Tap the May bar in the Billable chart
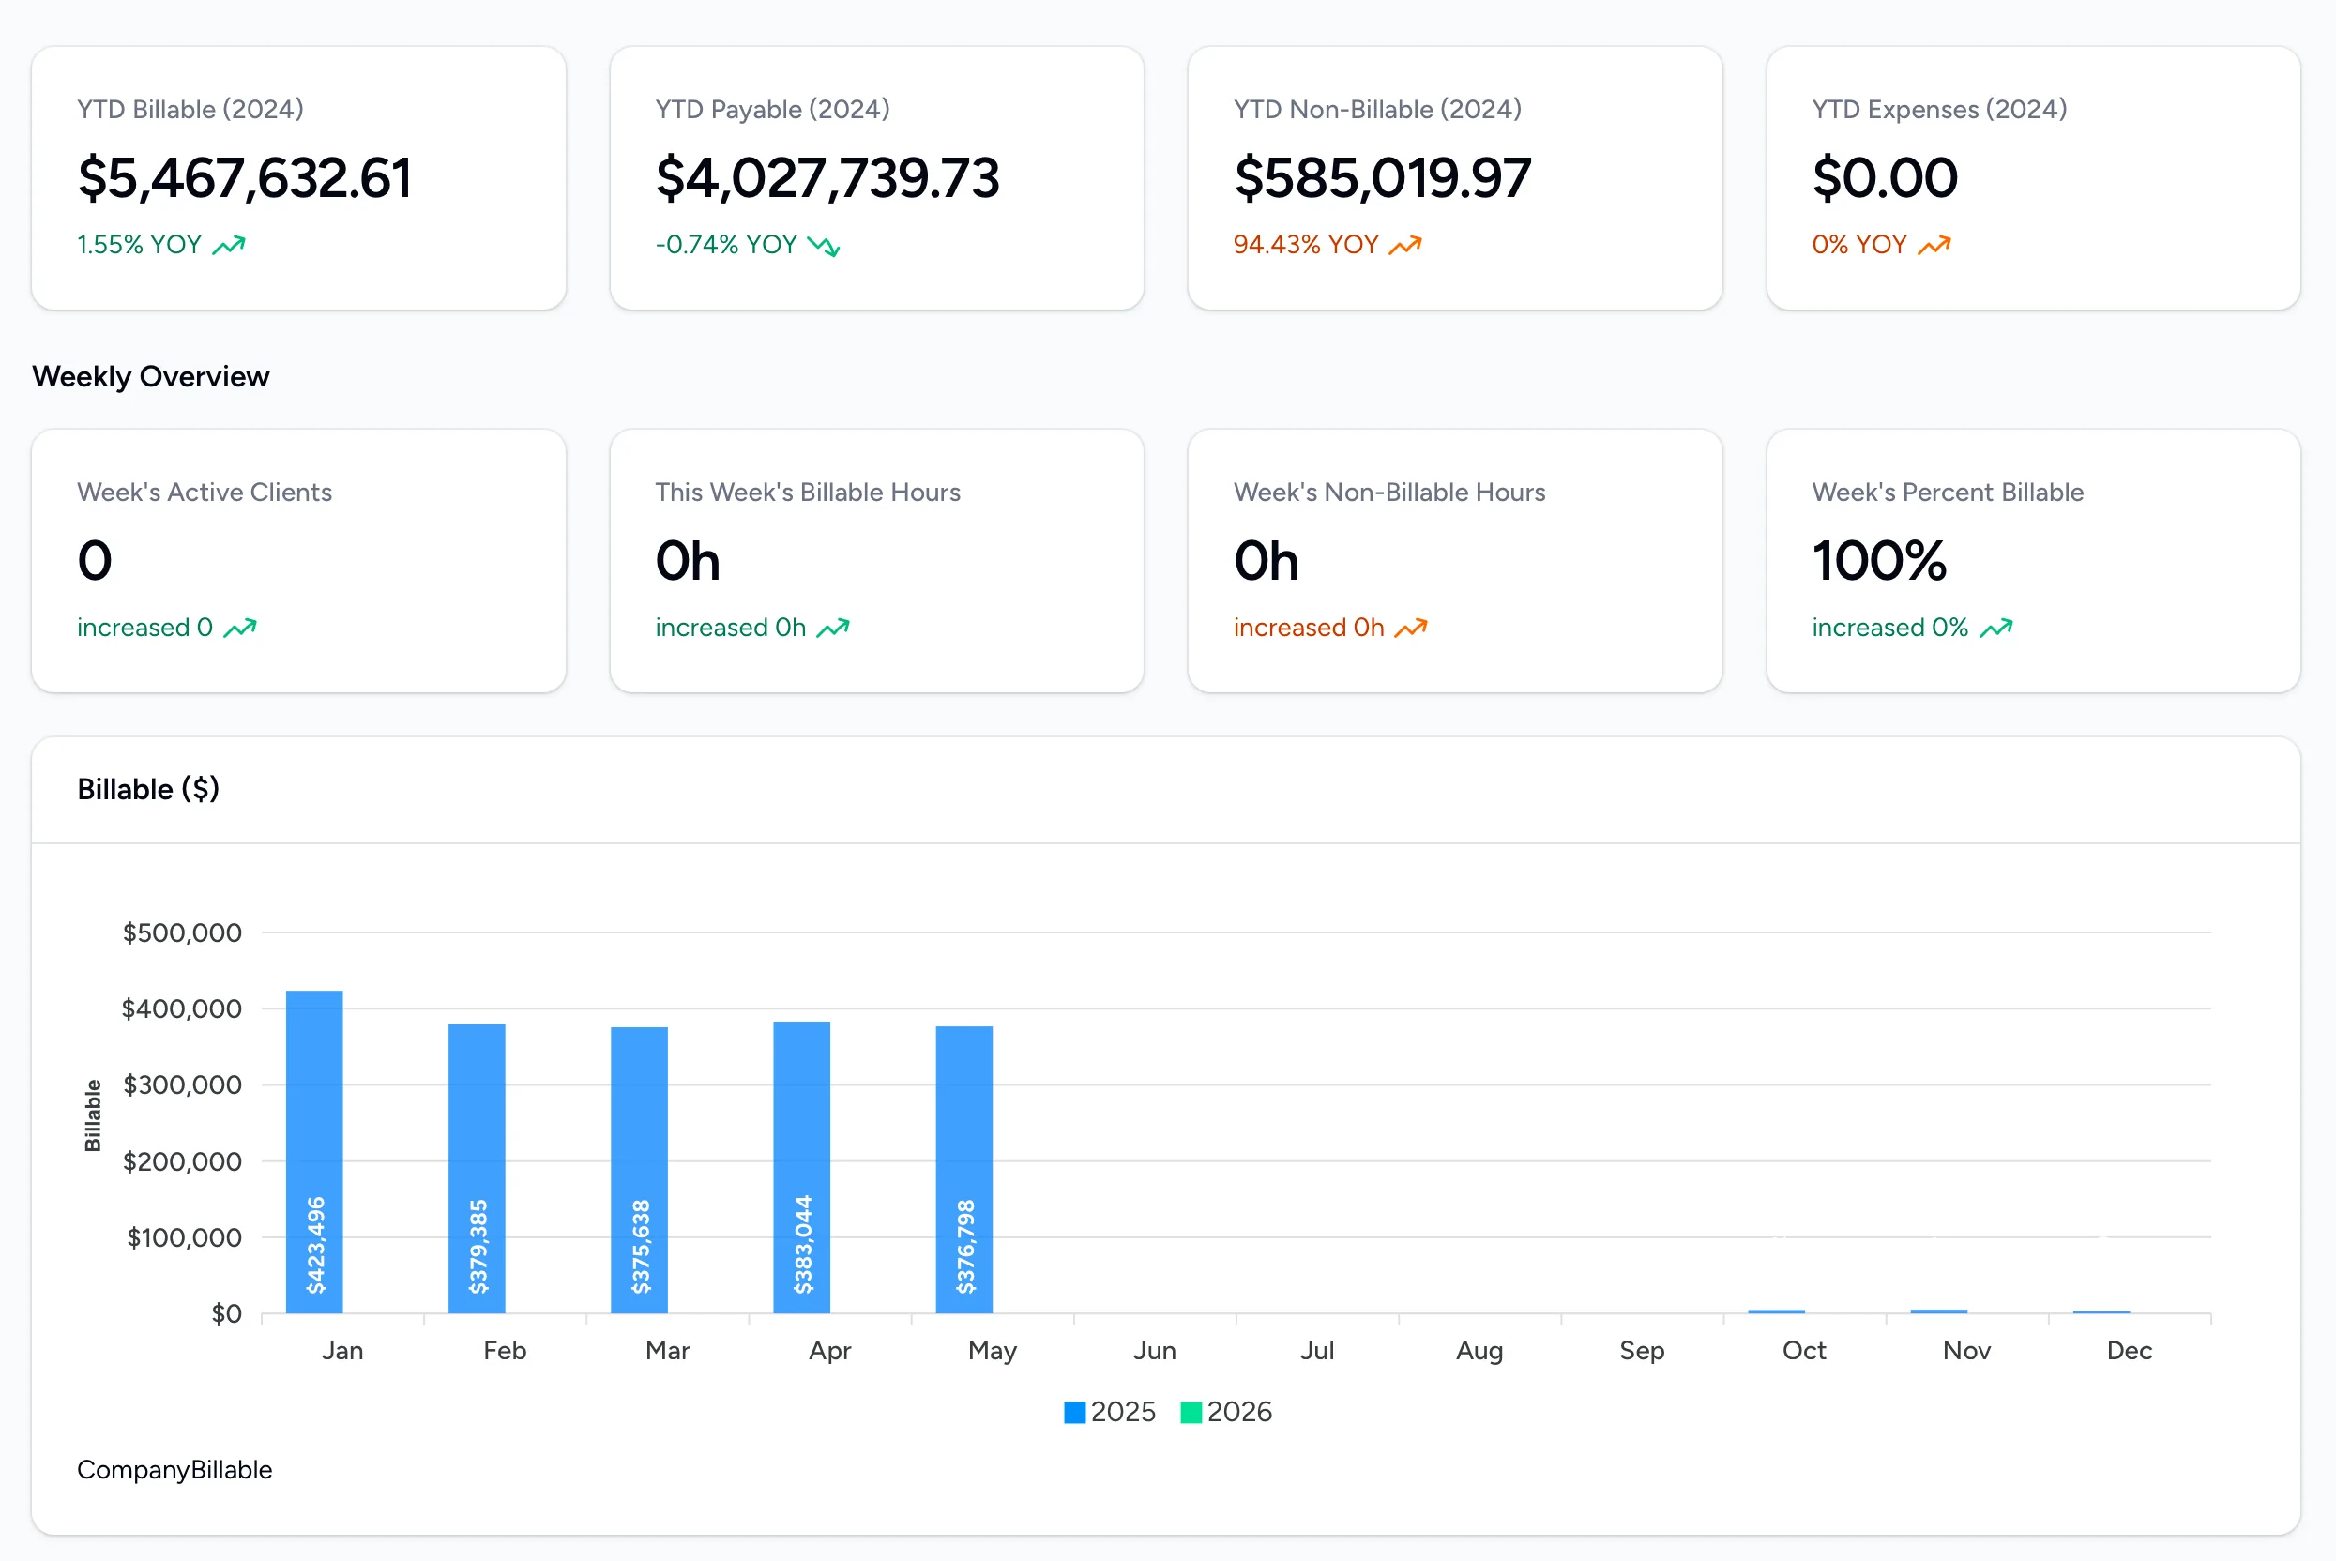(963, 1169)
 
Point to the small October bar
(1776, 1311)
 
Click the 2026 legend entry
(1226, 1412)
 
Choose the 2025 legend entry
(1110, 1412)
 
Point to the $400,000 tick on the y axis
(181, 1008)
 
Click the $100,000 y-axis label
(183, 1237)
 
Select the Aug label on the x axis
(1479, 1351)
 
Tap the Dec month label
(2129, 1351)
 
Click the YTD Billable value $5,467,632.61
(244, 178)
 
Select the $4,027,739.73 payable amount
(827, 178)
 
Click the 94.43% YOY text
(1305, 245)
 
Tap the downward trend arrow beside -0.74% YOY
(823, 246)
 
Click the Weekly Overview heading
(150, 376)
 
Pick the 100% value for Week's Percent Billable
(1878, 560)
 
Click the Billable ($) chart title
(148, 790)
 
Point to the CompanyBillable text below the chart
(174, 1469)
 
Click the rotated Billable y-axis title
(93, 1115)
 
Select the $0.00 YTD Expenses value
(1884, 178)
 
